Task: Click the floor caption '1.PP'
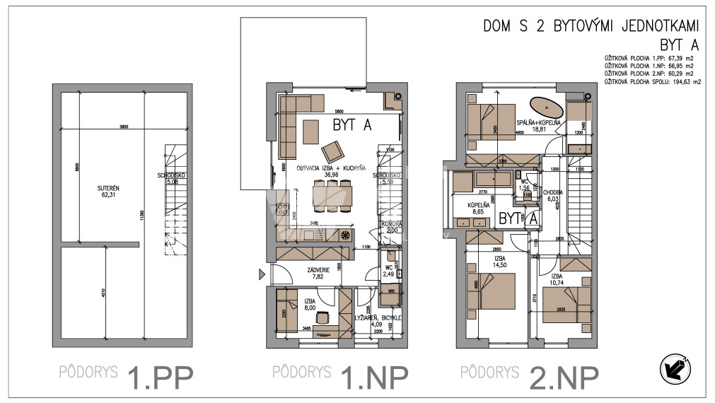(x=158, y=378)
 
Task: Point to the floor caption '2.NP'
(x=563, y=378)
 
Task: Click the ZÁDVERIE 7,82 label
(x=316, y=274)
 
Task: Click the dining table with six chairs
(x=332, y=194)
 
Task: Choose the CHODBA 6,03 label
(x=552, y=196)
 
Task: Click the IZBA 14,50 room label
(x=499, y=263)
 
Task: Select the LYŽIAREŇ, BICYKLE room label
(x=378, y=322)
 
